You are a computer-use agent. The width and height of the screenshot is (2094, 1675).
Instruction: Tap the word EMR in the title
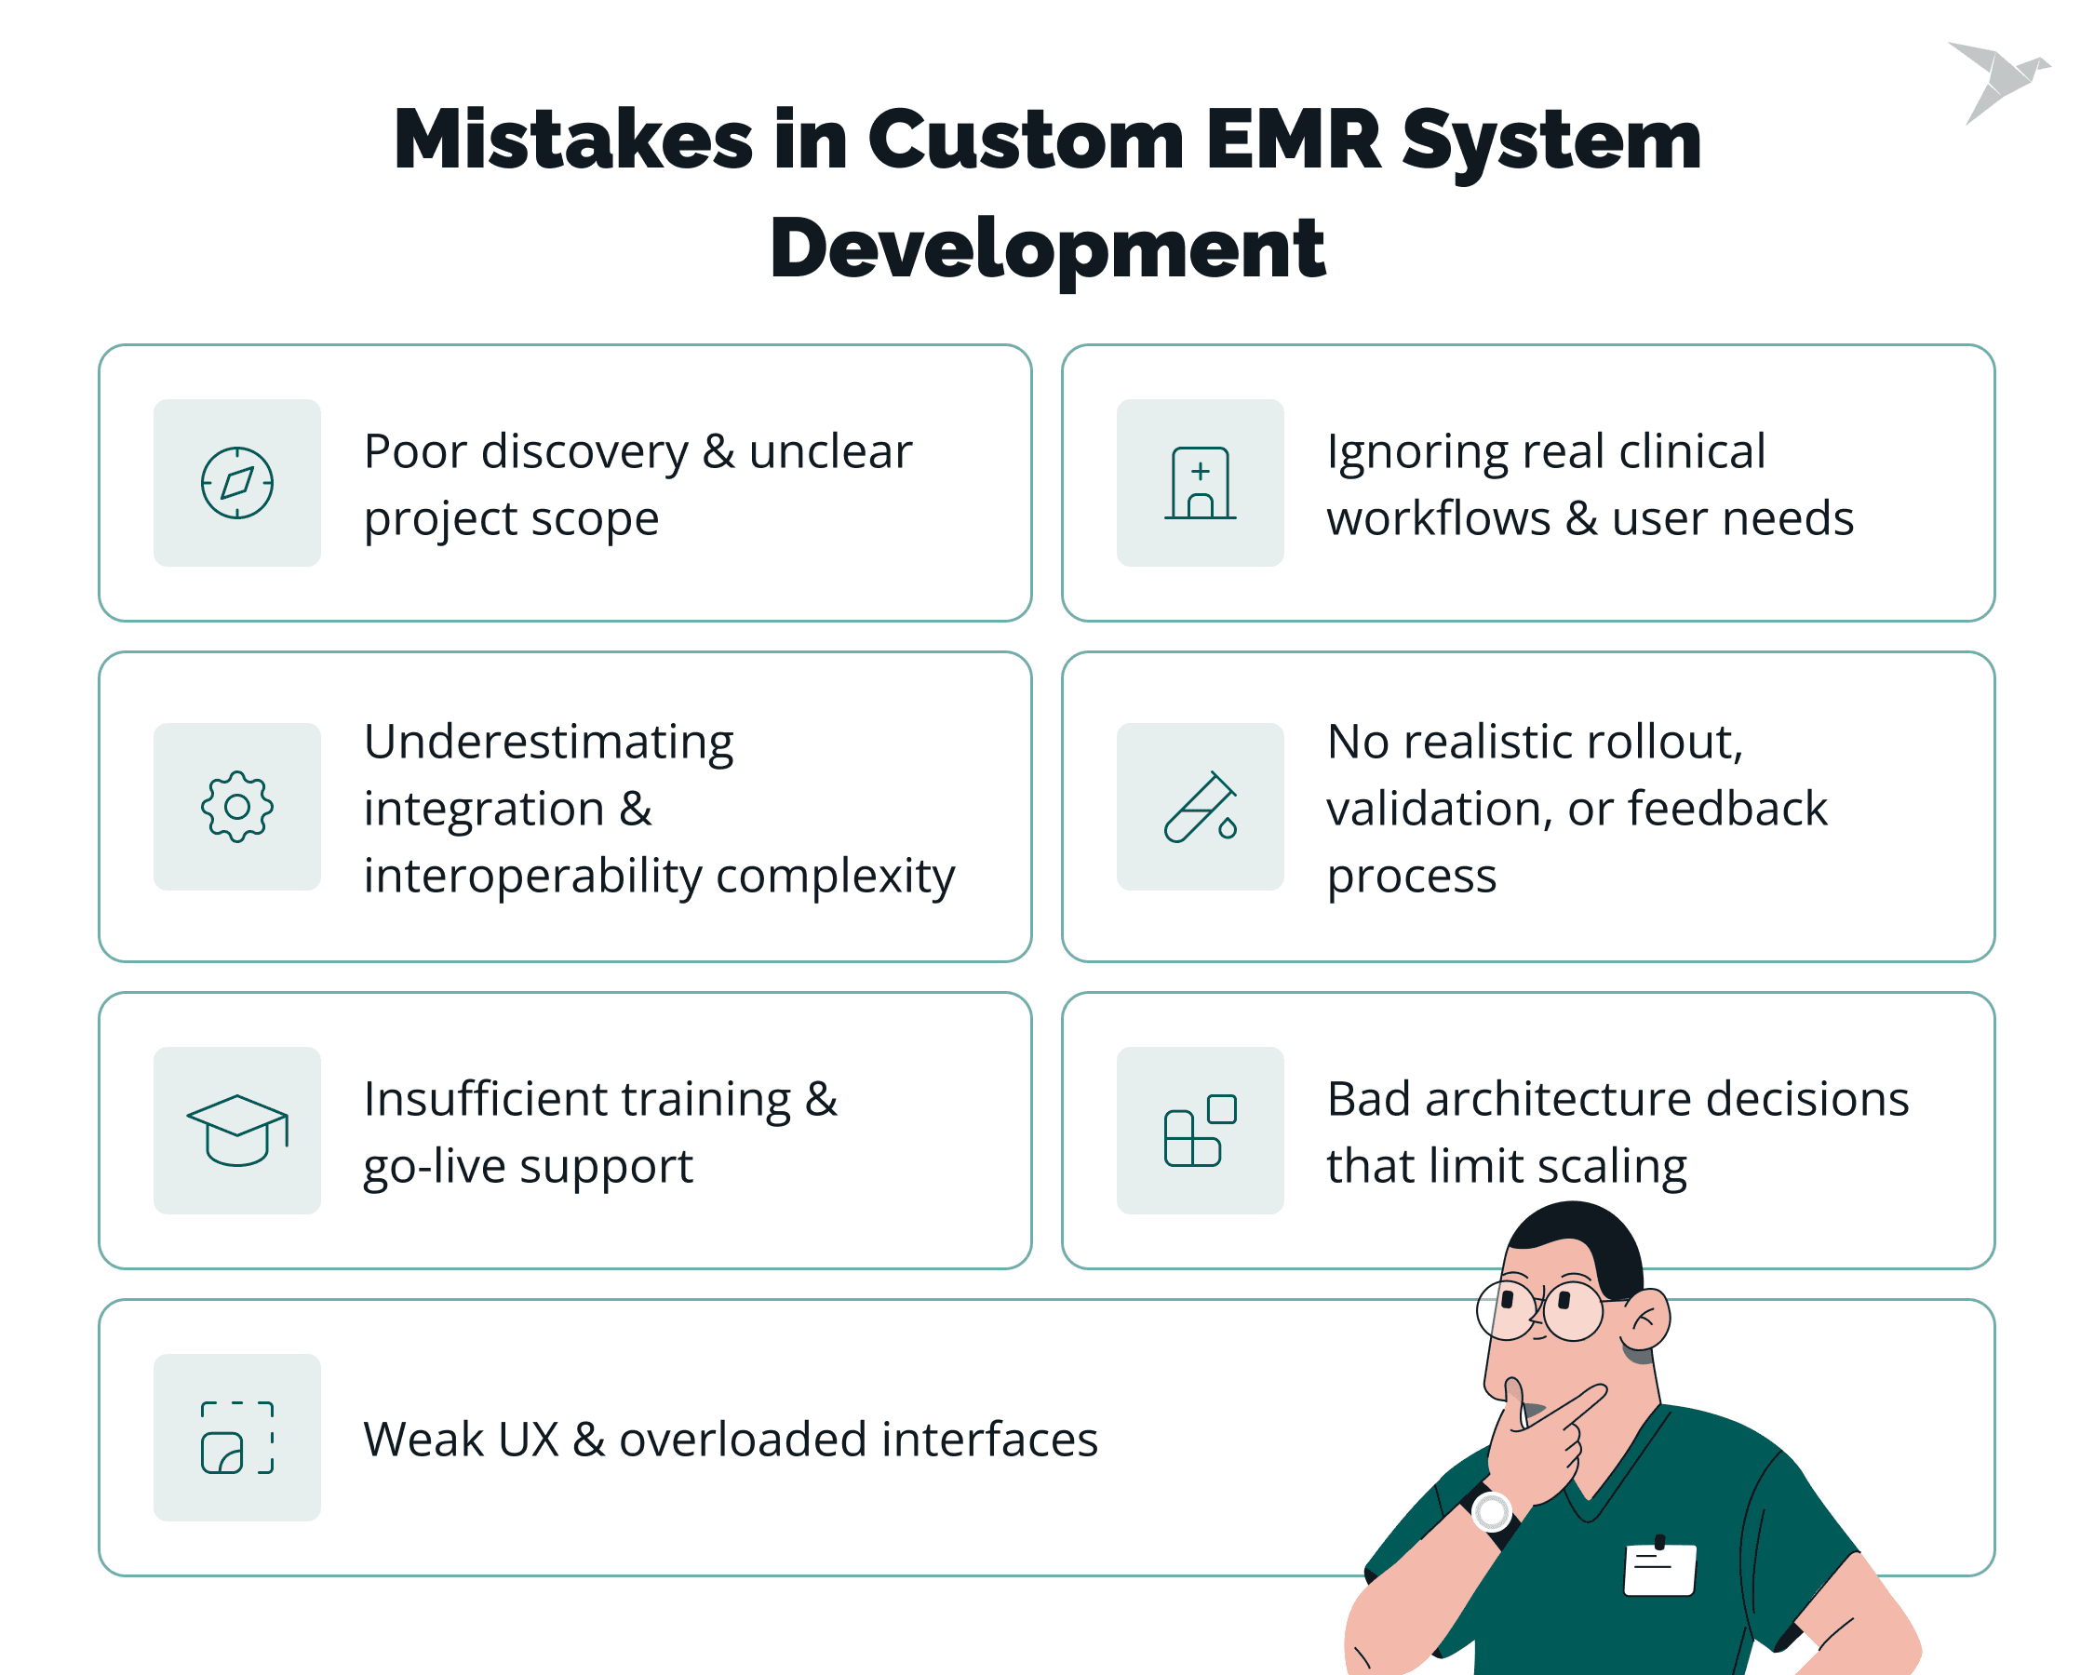click(1294, 140)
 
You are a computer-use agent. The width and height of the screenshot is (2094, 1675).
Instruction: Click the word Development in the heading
click(1048, 248)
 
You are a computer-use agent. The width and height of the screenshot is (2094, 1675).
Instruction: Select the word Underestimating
click(549, 743)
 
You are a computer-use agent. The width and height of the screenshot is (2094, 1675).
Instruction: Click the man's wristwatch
click(1490, 1513)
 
